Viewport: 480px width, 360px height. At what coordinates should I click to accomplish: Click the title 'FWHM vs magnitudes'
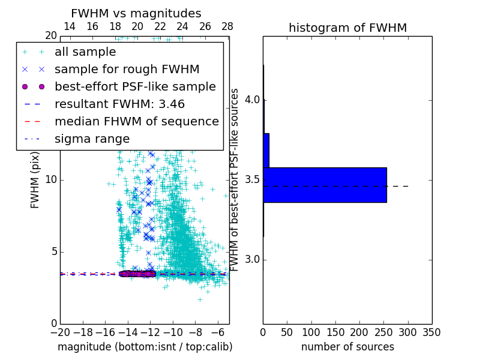click(x=136, y=14)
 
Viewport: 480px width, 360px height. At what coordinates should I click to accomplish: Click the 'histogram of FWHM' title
click(x=347, y=28)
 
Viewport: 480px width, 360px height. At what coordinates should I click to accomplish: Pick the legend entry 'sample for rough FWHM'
click(x=127, y=69)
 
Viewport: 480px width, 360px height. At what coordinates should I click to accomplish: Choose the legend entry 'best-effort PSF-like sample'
click(x=135, y=86)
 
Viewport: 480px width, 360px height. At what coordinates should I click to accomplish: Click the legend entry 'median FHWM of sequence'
click(x=136, y=121)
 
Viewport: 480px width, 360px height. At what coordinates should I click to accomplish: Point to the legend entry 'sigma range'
click(x=92, y=139)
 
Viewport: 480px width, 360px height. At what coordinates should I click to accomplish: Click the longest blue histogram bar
click(x=325, y=185)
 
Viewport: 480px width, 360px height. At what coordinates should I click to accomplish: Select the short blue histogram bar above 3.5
click(x=266, y=150)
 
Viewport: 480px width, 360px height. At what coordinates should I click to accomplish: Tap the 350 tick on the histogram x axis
click(x=431, y=332)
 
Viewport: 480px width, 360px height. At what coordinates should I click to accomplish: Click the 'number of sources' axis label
click(x=347, y=347)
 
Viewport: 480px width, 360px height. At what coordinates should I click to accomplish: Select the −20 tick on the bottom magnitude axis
click(x=60, y=332)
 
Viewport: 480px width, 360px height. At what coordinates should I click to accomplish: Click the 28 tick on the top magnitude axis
click(x=227, y=26)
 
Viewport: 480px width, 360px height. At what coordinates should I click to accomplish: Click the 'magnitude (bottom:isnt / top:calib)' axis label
click(x=145, y=347)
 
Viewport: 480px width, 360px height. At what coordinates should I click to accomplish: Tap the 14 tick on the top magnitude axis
click(x=70, y=26)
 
